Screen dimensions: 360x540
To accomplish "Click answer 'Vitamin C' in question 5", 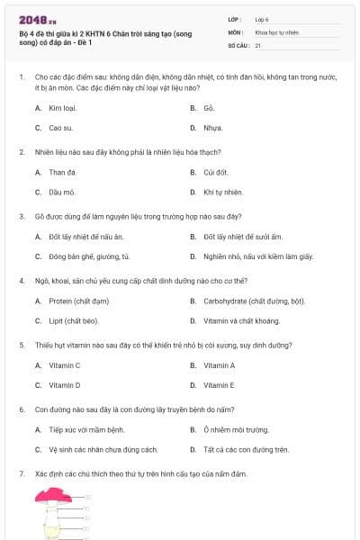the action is click(x=65, y=365).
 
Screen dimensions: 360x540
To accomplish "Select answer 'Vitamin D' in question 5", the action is click(x=65, y=385).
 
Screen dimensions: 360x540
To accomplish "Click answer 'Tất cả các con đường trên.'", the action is click(x=246, y=449).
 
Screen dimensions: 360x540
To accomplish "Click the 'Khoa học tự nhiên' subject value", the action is click(x=276, y=31).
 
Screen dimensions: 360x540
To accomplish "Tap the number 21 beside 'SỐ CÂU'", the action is click(x=258, y=44).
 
